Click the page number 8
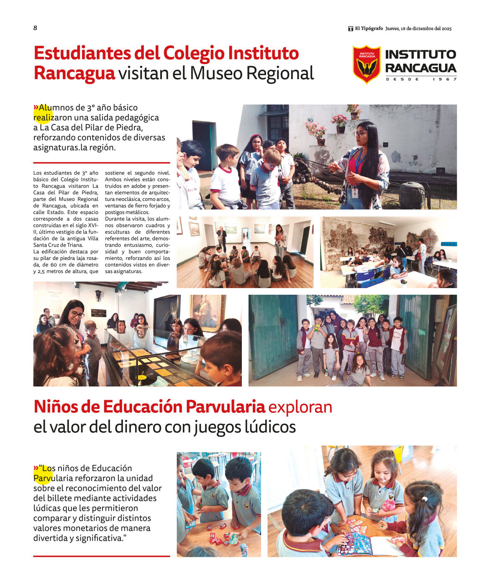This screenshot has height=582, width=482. [x=35, y=28]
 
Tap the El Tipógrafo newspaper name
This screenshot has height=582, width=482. [x=369, y=28]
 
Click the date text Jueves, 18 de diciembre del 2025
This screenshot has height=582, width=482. [x=418, y=28]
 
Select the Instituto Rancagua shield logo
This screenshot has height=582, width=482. [x=367, y=64]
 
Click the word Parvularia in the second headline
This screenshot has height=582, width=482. [x=225, y=407]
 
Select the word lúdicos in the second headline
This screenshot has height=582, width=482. [x=267, y=427]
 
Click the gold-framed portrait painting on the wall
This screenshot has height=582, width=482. [x=208, y=312]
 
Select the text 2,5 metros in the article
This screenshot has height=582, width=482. [x=46, y=271]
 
